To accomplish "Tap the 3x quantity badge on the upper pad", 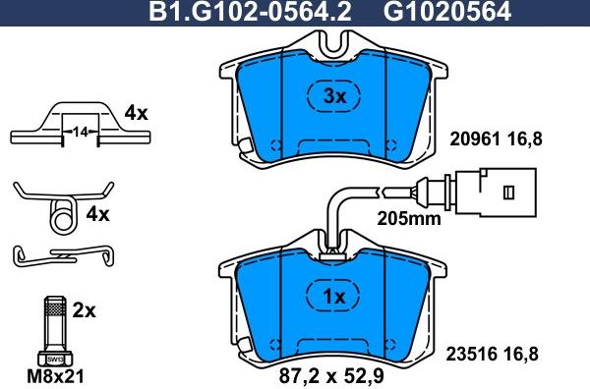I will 336,96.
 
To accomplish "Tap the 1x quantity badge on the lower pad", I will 336,298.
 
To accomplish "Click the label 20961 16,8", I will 496,140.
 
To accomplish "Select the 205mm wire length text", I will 409,218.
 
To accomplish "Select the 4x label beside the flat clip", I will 135,113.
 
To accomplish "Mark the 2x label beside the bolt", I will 84,310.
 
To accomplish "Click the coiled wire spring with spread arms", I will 61,204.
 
